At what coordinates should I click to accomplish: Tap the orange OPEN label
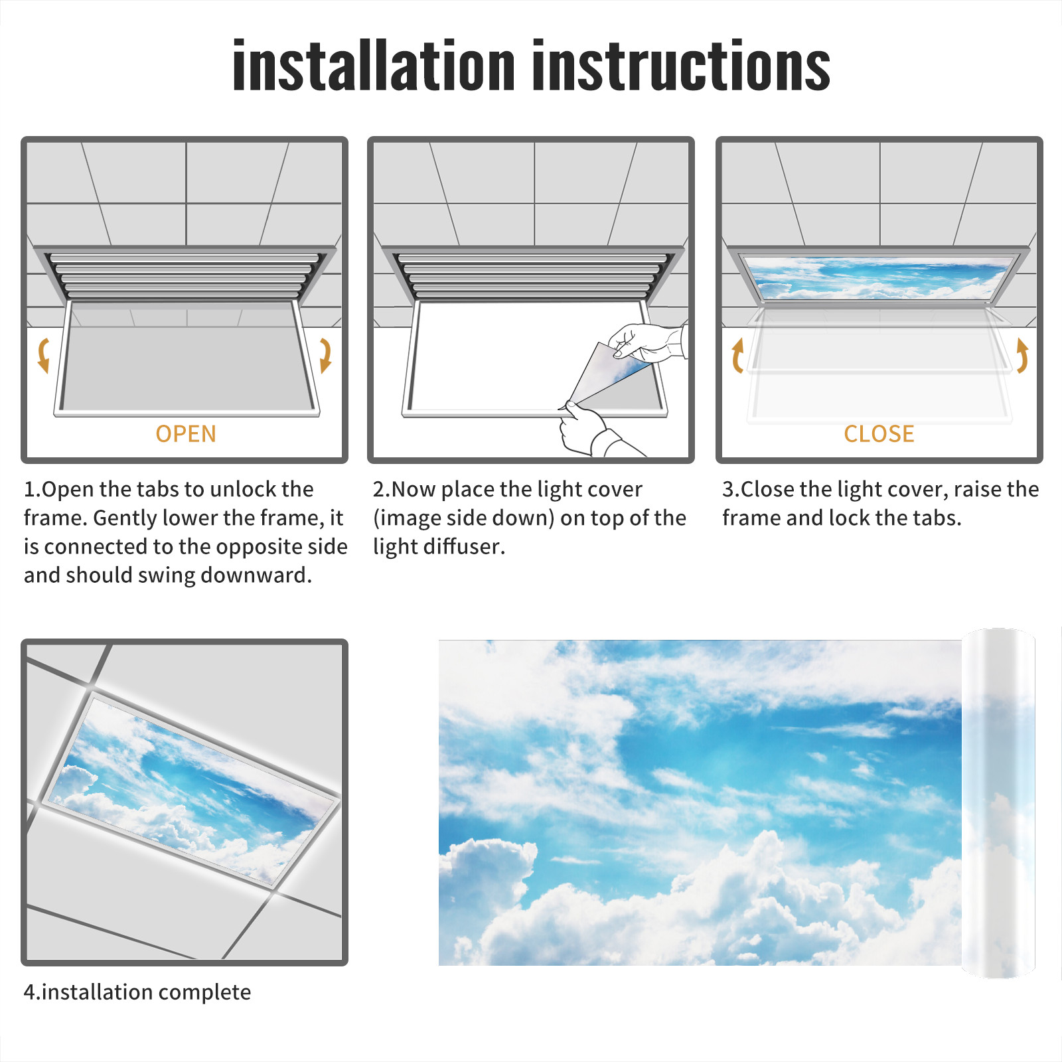coord(186,434)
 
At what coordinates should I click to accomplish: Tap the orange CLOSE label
coord(879,434)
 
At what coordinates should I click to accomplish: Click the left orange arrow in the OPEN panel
coord(44,355)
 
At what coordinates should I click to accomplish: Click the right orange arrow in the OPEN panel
coord(325,355)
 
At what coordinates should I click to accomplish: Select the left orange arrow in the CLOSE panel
coord(737,355)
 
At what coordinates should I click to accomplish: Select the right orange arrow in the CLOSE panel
coord(1022,355)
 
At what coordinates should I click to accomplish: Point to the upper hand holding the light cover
coord(647,342)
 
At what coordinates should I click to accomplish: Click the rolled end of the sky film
coord(998,803)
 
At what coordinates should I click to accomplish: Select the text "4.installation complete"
coord(137,992)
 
